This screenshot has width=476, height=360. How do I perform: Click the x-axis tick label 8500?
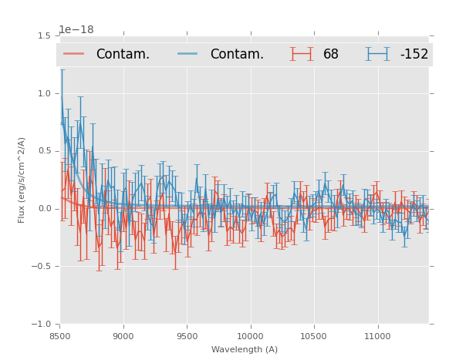coord(60,335)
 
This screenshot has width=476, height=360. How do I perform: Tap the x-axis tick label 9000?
coord(123,335)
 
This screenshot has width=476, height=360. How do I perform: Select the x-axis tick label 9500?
coord(187,335)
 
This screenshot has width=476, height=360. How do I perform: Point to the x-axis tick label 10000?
coord(250,335)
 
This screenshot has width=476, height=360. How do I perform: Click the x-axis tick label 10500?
coord(313,335)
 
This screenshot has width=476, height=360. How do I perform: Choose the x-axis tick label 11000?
coord(376,335)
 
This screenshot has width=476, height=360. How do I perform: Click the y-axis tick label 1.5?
coord(43,35)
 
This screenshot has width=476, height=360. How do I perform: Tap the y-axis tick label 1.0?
coord(43,93)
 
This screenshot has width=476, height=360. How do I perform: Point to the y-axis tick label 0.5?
coord(43,151)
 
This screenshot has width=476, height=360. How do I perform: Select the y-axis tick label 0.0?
coord(43,209)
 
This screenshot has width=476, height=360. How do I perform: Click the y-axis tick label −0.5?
coord(42,267)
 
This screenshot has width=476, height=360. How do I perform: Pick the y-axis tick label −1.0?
coord(42,325)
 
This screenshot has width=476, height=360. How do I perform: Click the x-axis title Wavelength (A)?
coord(245,349)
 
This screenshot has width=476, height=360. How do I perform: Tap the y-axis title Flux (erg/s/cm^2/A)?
coord(22,180)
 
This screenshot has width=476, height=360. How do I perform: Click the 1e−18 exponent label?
coord(76,30)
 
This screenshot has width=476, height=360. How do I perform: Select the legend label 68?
coord(331,54)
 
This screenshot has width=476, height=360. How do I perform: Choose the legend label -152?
coord(414,54)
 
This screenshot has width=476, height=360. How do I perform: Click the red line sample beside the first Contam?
coord(74,54)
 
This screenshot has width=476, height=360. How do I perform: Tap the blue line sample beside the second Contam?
coord(188,54)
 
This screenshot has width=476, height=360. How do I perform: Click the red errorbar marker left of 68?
coord(302,54)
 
